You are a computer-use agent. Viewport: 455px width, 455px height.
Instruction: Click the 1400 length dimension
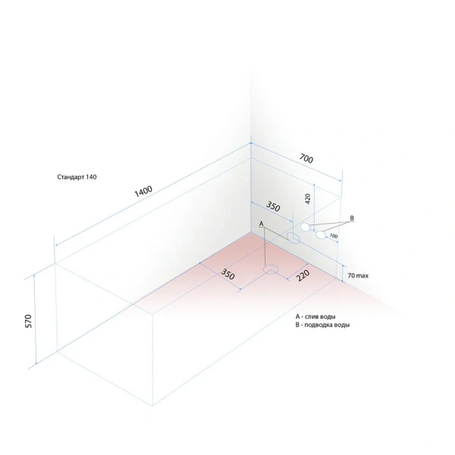pos(143,191)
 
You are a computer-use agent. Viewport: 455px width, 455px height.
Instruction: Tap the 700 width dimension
pos(306,158)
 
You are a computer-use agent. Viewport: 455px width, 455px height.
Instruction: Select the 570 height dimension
pos(29,321)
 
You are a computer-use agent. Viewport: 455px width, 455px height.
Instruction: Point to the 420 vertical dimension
pos(308,199)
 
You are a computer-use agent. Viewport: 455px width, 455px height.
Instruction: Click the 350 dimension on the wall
pos(273,206)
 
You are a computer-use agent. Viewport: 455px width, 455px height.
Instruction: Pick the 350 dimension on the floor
pos(227,274)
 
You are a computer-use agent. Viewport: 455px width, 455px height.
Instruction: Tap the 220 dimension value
pos(303,276)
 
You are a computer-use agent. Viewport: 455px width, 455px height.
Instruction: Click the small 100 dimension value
pos(334,236)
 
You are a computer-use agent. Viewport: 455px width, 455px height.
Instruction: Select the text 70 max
pos(358,276)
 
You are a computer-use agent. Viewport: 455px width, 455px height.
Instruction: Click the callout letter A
pos(261,224)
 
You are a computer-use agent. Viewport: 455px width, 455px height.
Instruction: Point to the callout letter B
pos(352,218)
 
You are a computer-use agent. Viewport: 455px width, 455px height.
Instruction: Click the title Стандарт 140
pos(77,177)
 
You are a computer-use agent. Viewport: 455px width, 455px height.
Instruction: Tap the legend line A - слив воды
pos(315,316)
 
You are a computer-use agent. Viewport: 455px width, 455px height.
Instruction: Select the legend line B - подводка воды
pos(322,325)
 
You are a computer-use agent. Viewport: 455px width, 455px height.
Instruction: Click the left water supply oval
pos(305,227)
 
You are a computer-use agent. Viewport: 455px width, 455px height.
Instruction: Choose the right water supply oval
pos(321,235)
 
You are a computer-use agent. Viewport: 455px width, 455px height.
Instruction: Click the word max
pos(362,276)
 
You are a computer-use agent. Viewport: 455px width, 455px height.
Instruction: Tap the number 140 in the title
pos(91,177)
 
